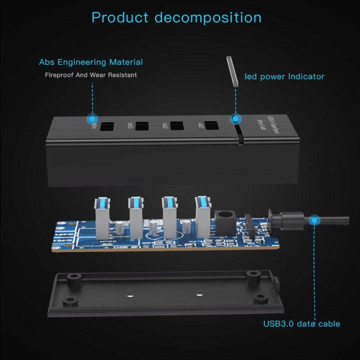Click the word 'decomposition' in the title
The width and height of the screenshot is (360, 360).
208,18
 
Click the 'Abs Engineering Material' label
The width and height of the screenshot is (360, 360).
91,62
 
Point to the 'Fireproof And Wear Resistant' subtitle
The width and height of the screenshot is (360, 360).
91,75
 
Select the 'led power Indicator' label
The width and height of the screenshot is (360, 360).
285,76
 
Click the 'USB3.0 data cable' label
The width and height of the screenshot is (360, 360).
301,324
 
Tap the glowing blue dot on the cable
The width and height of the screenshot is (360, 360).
314,220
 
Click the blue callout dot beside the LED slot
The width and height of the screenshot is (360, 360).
235,119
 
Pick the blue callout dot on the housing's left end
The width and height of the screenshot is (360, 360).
91,119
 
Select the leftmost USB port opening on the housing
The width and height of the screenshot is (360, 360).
107,127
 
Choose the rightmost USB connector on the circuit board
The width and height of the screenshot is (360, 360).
203,215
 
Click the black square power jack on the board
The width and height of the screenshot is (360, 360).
223,221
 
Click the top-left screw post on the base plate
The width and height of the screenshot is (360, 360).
73,277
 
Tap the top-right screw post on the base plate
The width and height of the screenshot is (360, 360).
253,274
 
